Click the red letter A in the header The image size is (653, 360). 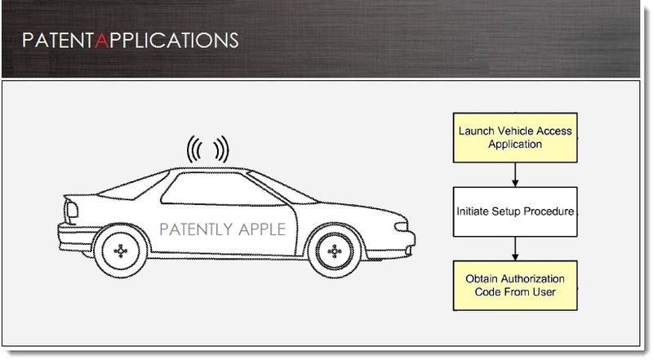click(102, 41)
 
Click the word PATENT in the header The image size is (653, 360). click(58, 41)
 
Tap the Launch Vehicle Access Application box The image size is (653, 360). click(515, 137)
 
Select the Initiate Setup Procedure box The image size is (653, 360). click(515, 211)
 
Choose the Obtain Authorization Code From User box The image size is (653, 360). click(515, 286)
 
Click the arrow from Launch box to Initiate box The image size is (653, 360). click(515, 175)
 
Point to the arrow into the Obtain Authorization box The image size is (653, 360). click(515, 249)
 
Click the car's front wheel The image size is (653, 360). click(335, 251)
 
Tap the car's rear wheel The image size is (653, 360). click(121, 251)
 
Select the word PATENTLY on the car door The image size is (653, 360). click(193, 229)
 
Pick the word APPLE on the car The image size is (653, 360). click(262, 229)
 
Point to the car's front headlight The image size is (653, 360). click(401, 227)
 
